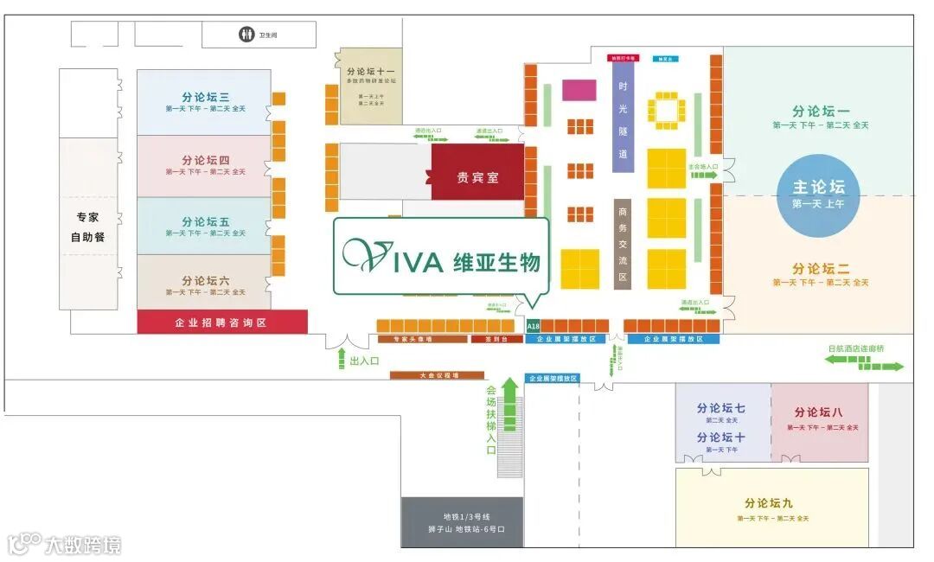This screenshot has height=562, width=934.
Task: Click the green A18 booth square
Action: tap(533, 326)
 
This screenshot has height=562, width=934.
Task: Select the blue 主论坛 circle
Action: tap(818, 194)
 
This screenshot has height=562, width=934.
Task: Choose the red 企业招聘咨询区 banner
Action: tap(222, 323)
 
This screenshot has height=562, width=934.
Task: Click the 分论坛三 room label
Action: tap(205, 98)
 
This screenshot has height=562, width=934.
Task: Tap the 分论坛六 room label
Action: tap(205, 281)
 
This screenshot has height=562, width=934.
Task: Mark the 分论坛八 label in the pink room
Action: tap(818, 412)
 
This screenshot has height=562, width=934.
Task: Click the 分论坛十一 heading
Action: tap(370, 73)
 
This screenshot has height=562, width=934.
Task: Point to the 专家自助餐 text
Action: tap(87, 227)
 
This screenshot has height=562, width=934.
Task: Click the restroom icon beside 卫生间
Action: tap(246, 35)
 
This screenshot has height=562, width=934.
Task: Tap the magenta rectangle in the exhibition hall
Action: tap(579, 89)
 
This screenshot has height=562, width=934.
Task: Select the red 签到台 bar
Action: tap(496, 340)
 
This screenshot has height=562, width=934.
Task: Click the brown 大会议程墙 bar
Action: tap(436, 375)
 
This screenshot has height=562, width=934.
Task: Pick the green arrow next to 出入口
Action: tap(341, 360)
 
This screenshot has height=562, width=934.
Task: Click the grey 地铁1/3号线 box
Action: tap(462, 522)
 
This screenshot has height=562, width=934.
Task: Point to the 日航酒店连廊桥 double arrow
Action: tap(864, 362)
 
